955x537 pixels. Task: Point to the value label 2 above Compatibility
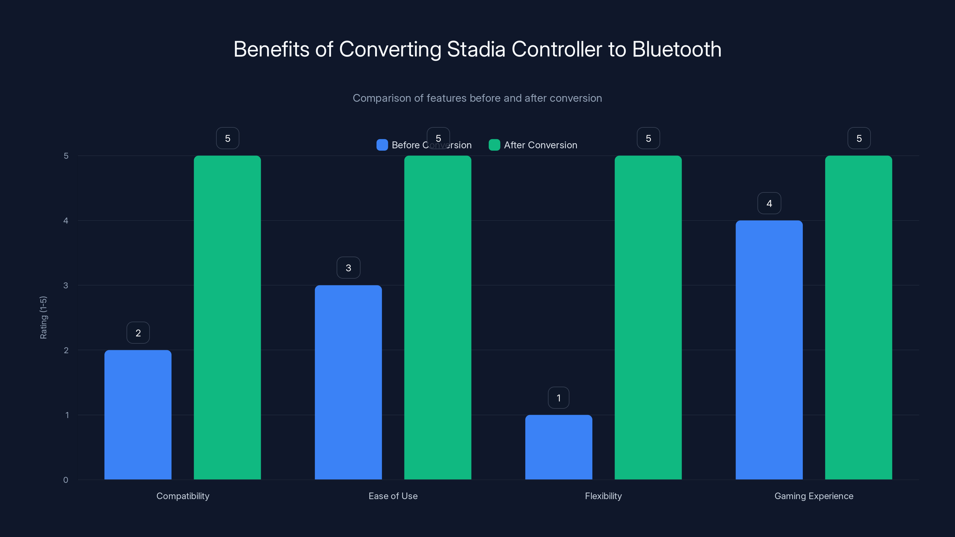pos(138,333)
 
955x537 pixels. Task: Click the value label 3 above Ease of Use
pos(348,268)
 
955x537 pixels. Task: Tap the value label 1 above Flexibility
pos(558,398)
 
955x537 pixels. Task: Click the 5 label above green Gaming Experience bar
pos(859,138)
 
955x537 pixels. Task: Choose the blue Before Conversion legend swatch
pos(382,145)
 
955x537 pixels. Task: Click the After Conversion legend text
pos(540,145)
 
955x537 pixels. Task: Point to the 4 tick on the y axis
pos(66,220)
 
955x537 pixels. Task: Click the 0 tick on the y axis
pos(66,480)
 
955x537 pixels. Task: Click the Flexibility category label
pos(603,496)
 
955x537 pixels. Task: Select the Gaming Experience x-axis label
pos(814,496)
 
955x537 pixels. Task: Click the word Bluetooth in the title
pos(677,49)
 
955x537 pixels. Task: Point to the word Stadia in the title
pos(476,49)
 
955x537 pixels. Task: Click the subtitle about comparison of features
pos(477,98)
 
